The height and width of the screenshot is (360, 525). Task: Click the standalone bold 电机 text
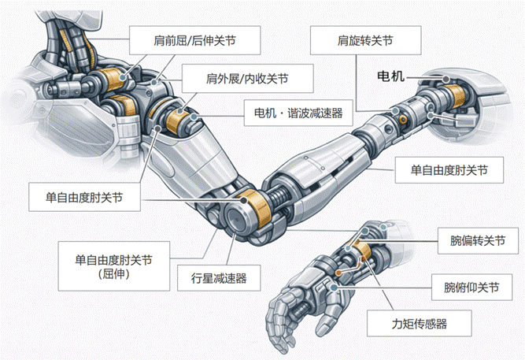[x=391, y=77]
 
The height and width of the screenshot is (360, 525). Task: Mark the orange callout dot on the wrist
[x=340, y=273]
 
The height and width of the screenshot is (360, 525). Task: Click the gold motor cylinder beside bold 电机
[x=457, y=97]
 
